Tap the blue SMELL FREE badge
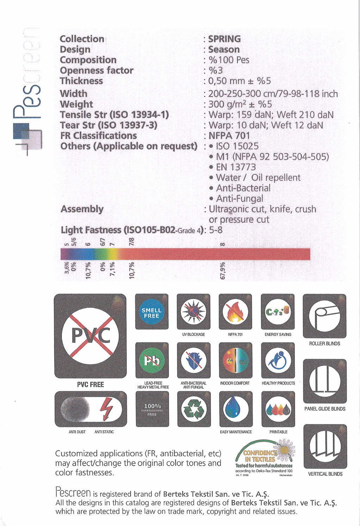click(151, 312)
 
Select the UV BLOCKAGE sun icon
click(193, 312)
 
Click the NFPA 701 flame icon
click(236, 312)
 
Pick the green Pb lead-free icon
click(152, 360)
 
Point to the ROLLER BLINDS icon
click(324, 316)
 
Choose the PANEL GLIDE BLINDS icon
click(325, 381)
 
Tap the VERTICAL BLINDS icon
click(325, 446)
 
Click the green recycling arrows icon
click(194, 409)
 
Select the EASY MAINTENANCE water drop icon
click(236, 409)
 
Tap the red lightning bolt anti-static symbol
click(106, 409)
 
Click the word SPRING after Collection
click(224, 39)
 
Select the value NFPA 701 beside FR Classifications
click(229, 136)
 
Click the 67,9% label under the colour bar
click(222, 271)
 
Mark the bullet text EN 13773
click(236, 167)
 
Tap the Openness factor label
click(97, 71)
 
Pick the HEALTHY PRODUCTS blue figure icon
click(278, 360)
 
